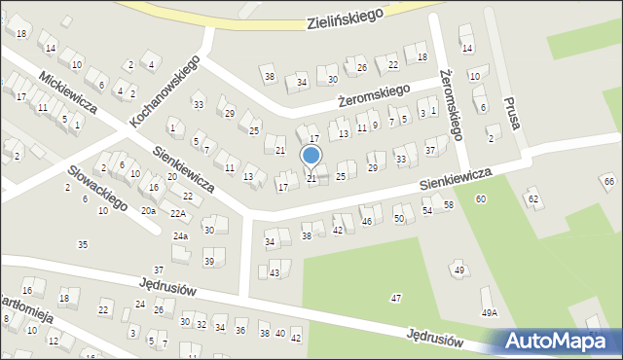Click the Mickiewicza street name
66,91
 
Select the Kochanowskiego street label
165,93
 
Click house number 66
609,182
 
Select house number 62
533,198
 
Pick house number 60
481,198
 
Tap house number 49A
490,312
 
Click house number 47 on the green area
396,297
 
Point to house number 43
275,272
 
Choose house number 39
208,262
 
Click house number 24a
180,236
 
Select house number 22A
177,214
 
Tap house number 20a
148,210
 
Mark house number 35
83,244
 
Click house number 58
449,204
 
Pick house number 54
427,211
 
